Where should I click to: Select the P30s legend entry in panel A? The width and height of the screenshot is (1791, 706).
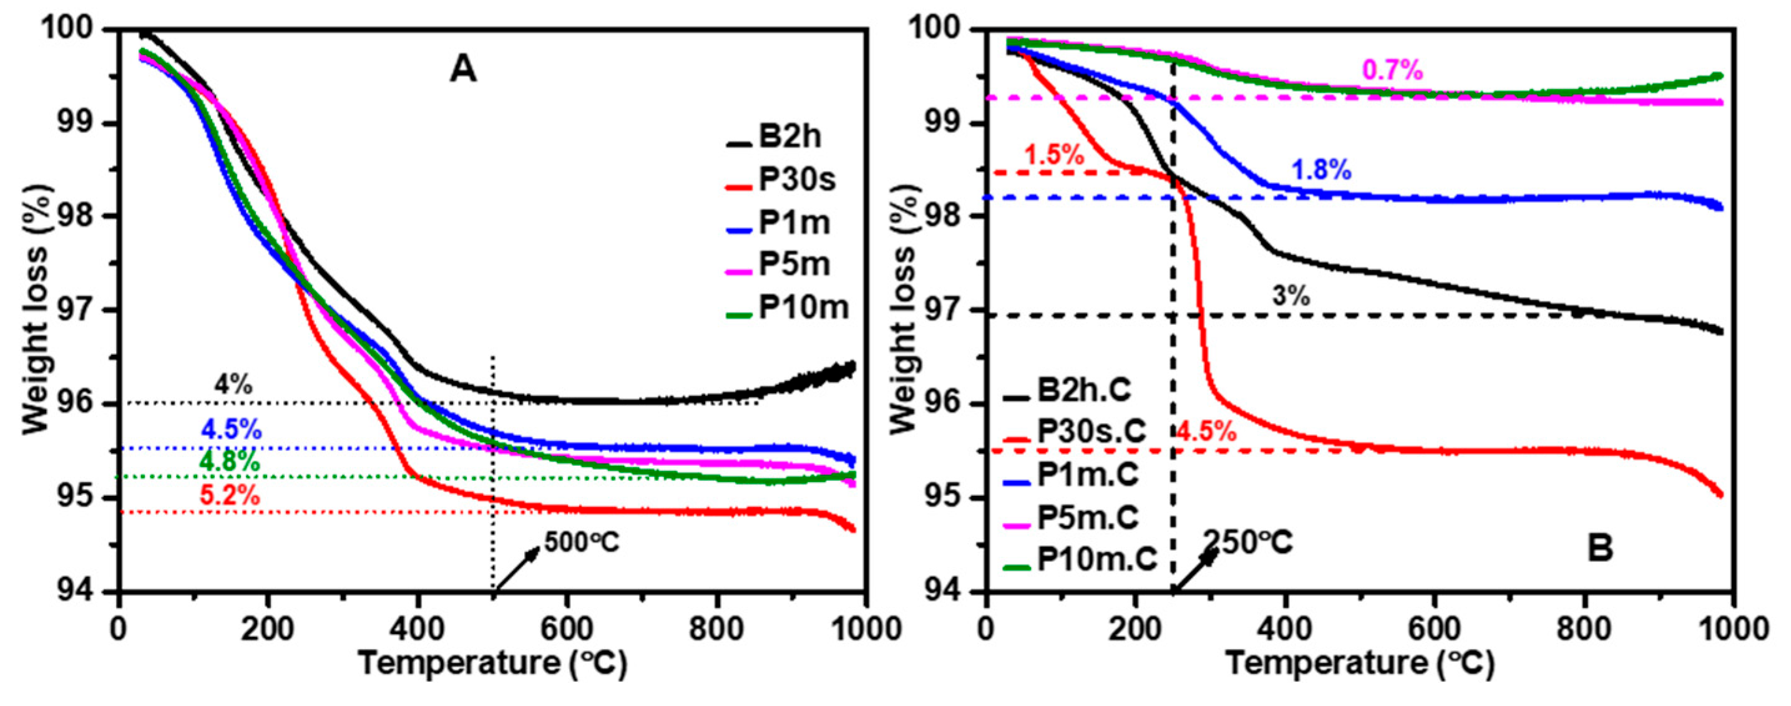(796, 180)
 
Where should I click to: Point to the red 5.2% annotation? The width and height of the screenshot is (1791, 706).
(230, 496)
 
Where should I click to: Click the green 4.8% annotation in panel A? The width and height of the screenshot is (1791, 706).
(230, 462)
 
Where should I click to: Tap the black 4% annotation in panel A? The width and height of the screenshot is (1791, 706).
(233, 384)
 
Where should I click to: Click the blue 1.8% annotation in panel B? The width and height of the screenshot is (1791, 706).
(1321, 170)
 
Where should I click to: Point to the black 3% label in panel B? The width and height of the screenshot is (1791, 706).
(1291, 297)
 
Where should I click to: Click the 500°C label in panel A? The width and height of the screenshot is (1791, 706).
(581, 543)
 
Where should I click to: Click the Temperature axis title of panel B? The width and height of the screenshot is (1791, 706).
(1359, 663)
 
